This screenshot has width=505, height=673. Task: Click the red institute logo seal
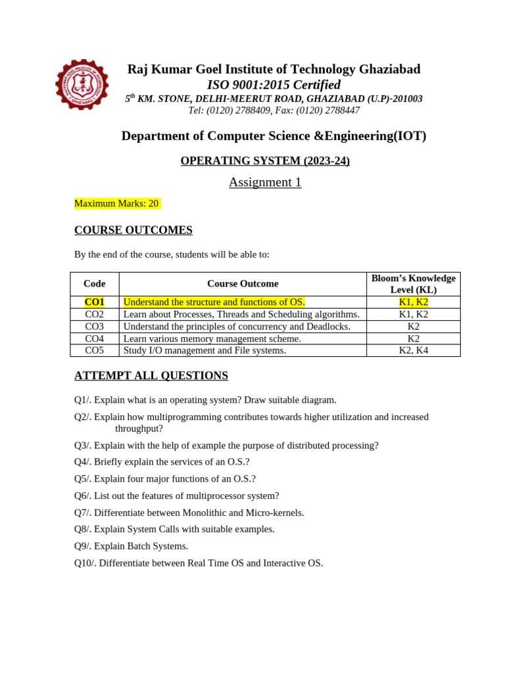(x=82, y=85)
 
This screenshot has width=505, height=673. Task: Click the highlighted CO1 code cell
(x=95, y=302)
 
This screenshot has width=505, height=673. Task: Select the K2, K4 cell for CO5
(x=413, y=350)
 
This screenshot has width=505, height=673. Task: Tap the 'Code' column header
(x=95, y=284)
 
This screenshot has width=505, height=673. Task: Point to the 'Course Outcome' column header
(x=243, y=284)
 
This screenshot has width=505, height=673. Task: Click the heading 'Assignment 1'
(x=265, y=182)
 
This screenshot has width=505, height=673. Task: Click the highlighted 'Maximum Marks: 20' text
(x=116, y=204)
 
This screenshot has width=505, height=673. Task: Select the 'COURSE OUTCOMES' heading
(x=133, y=230)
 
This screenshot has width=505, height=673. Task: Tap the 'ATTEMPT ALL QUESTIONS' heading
(x=151, y=376)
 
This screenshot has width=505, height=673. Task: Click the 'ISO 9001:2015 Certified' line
(x=274, y=85)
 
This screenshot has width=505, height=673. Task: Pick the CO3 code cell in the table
(x=95, y=327)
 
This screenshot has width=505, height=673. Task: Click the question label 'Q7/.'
(x=83, y=513)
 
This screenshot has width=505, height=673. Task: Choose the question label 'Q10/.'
(x=85, y=563)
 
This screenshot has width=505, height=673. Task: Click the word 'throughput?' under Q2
(x=139, y=429)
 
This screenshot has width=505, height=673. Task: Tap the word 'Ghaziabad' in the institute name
(x=389, y=69)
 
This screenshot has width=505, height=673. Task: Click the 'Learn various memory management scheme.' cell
(x=212, y=338)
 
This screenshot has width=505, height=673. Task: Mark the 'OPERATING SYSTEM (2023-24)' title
(x=265, y=161)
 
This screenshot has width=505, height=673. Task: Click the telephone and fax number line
(x=274, y=110)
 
